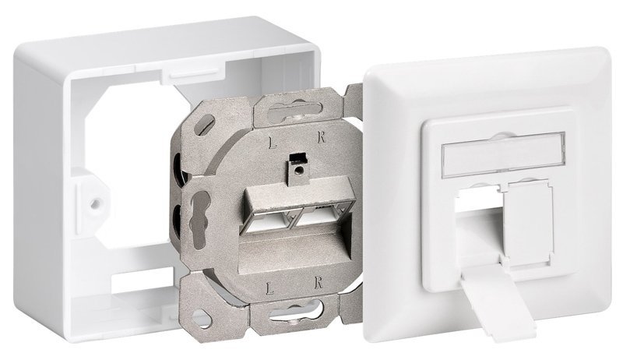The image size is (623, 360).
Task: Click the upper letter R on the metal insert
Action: [322, 137]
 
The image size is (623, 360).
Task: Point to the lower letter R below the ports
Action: [318, 284]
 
